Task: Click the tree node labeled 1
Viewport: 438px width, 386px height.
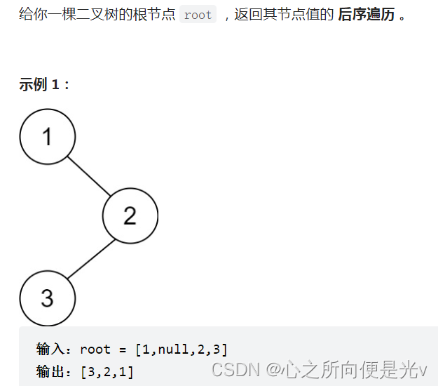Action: [x=47, y=136]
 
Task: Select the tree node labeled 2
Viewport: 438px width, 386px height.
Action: [x=130, y=215]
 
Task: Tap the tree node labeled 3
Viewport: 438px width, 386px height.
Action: [x=47, y=298]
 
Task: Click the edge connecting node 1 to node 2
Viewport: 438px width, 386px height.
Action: [x=89, y=175]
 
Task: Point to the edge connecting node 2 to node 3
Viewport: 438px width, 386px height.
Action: [x=88, y=258]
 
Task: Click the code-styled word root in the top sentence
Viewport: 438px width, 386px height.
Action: [x=198, y=15]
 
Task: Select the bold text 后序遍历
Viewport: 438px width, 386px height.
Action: [x=367, y=15]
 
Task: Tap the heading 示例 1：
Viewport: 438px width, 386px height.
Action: [x=45, y=85]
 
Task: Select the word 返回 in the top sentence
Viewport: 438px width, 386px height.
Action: [x=247, y=15]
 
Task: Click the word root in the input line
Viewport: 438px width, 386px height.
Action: [x=95, y=349]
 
